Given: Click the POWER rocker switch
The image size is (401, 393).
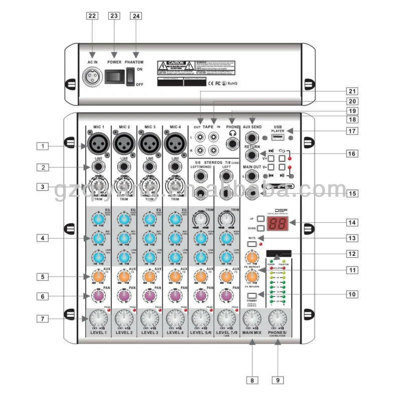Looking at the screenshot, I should click(x=115, y=76).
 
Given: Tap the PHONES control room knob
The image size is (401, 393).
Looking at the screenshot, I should click(x=279, y=317).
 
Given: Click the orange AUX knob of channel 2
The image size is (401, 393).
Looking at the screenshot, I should click(x=123, y=276).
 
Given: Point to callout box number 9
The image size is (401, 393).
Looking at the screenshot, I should click(x=279, y=379).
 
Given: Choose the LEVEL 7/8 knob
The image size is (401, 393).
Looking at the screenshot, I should click(x=227, y=317).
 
